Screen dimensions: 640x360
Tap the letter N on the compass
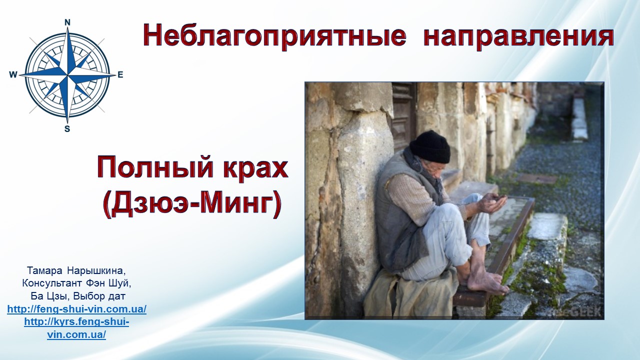(67, 22)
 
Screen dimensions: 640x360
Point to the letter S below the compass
(67, 129)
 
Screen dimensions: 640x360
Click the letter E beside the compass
(120, 75)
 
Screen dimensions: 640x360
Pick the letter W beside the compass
(13, 75)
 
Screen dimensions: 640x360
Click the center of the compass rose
(67, 75)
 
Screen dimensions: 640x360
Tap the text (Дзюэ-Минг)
(192, 204)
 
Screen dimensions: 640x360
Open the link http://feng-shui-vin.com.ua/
(77, 309)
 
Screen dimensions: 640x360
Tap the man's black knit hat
(430, 147)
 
